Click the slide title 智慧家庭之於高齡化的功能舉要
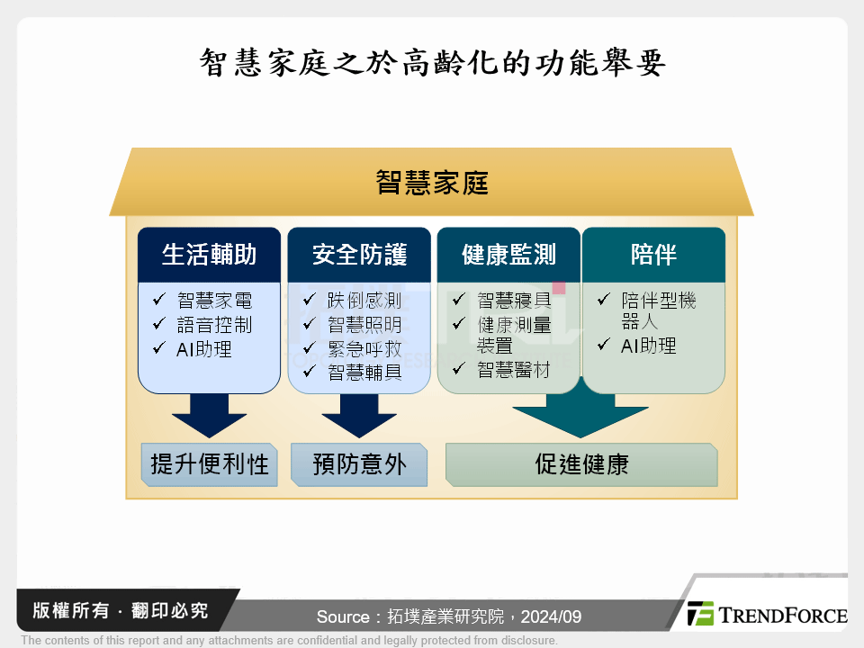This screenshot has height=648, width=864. pyautogui.click(x=432, y=64)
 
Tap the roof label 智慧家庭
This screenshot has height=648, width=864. pyautogui.click(x=432, y=183)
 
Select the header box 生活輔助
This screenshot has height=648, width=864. pyautogui.click(x=209, y=255)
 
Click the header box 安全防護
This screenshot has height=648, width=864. pyautogui.click(x=359, y=255)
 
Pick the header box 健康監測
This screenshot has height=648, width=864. pyautogui.click(x=508, y=255)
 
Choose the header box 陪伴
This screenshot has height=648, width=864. pyautogui.click(x=653, y=255)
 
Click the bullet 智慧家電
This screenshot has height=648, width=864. pyautogui.click(x=214, y=301)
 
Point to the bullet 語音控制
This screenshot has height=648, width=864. pyautogui.click(x=214, y=325)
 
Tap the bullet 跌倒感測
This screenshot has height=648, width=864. pyautogui.click(x=364, y=301)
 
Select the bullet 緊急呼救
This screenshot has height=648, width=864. pyautogui.click(x=364, y=348)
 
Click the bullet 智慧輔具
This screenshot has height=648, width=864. pyautogui.click(x=364, y=372)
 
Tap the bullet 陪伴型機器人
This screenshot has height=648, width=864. pyautogui.click(x=657, y=310)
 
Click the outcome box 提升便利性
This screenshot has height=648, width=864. pyautogui.click(x=209, y=464)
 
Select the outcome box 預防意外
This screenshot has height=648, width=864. pyautogui.click(x=359, y=464)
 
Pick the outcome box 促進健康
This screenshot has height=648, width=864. pyautogui.click(x=581, y=464)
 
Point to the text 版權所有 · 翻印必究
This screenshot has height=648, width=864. pyautogui.click(x=120, y=611)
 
